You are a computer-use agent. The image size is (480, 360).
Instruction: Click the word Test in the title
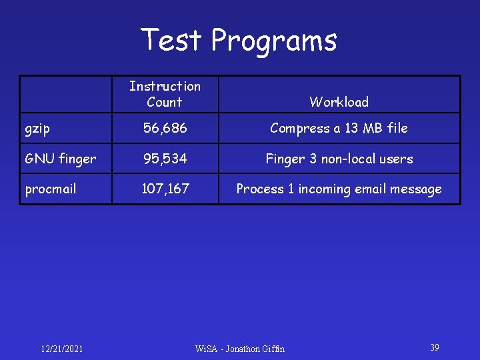click(171, 40)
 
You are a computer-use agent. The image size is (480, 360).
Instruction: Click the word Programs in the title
click(274, 41)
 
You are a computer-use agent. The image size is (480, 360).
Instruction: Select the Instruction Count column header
click(165, 94)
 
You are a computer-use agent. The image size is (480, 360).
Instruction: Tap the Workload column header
click(339, 102)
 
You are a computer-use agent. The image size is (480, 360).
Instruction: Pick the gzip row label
click(37, 129)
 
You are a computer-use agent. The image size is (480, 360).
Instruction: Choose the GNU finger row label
click(60, 159)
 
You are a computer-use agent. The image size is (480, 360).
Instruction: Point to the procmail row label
click(51, 189)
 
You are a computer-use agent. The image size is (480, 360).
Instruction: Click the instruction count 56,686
click(164, 128)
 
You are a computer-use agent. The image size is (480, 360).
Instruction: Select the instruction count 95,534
click(164, 159)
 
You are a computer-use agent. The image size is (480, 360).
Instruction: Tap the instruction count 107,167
click(165, 189)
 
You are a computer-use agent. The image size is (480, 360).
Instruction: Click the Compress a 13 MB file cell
click(339, 128)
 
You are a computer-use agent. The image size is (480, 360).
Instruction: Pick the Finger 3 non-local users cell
click(339, 159)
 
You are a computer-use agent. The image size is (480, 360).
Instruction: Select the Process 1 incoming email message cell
click(339, 189)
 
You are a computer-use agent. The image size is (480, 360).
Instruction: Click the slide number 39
click(434, 347)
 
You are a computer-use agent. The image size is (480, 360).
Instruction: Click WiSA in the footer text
click(206, 349)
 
